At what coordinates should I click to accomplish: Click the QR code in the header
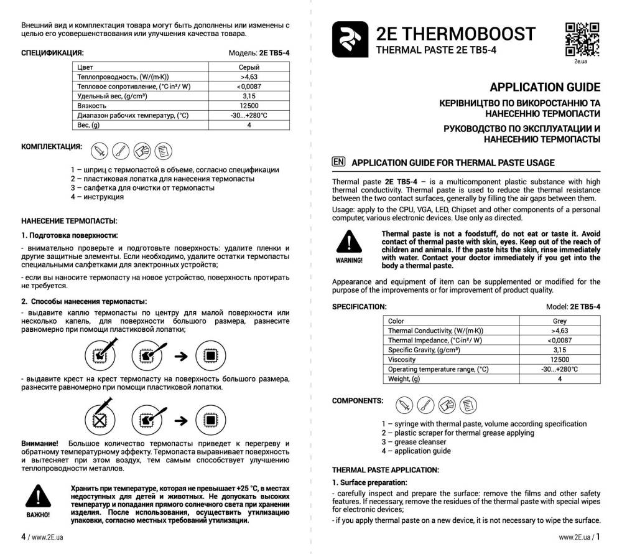pyautogui.click(x=582, y=39)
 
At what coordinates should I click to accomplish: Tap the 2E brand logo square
pyautogui.click(x=349, y=41)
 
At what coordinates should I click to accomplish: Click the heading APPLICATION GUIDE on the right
pyautogui.click(x=545, y=87)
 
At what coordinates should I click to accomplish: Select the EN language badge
pyautogui.click(x=339, y=162)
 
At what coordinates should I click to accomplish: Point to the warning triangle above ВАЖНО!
pyautogui.click(x=37, y=497)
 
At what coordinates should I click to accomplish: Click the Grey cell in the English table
pyautogui.click(x=559, y=321)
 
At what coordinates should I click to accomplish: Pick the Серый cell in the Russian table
pyautogui.click(x=249, y=67)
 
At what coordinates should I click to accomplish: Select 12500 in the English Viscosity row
pyautogui.click(x=559, y=360)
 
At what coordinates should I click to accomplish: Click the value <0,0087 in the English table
pyautogui.click(x=559, y=340)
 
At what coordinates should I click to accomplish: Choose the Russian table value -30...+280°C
pyautogui.click(x=249, y=116)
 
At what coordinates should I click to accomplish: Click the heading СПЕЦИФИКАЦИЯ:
pyautogui.click(x=52, y=53)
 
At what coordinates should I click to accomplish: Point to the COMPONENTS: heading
pyautogui.click(x=358, y=400)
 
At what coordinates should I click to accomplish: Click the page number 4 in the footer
pyautogui.click(x=23, y=536)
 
